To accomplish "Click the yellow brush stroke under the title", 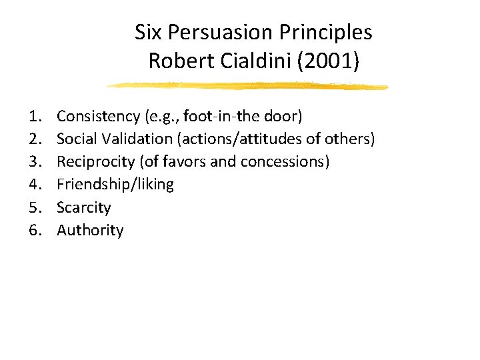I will click(247, 86).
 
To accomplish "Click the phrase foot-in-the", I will click(212, 117).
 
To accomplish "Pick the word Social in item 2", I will click(76, 139).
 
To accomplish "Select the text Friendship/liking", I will click(115, 185).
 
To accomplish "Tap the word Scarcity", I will click(83, 207).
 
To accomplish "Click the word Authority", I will click(90, 231).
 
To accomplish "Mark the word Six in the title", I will click(147, 32).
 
